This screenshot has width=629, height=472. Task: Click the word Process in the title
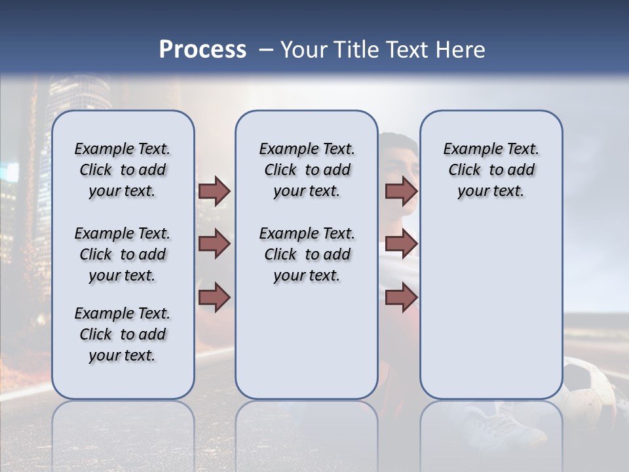click(x=202, y=50)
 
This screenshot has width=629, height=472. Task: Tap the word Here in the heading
click(x=462, y=50)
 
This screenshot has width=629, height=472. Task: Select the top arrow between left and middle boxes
click(x=214, y=191)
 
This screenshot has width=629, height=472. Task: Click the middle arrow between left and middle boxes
click(x=214, y=244)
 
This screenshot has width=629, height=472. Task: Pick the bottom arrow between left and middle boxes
click(x=214, y=298)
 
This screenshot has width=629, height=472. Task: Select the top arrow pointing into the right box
click(x=401, y=191)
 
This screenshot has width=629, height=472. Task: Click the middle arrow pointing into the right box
click(x=401, y=244)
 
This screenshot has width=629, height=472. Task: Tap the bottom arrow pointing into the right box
click(x=401, y=298)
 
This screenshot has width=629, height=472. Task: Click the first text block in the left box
click(x=123, y=170)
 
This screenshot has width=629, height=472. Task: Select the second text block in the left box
click(x=123, y=254)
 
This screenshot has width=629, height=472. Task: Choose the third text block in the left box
click(x=123, y=334)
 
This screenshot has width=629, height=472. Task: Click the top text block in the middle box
click(x=307, y=170)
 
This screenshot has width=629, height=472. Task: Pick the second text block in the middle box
click(x=307, y=254)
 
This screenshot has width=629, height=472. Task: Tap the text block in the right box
click(x=491, y=170)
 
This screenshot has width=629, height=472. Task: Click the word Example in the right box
click(x=468, y=149)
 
